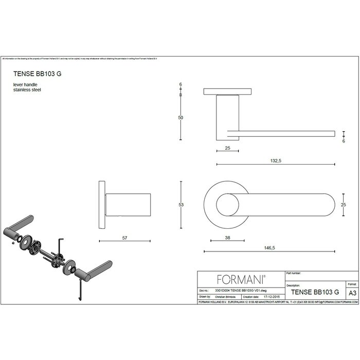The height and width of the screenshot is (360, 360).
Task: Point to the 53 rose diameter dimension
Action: click(181, 205)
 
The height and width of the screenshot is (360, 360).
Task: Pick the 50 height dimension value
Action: click(181, 118)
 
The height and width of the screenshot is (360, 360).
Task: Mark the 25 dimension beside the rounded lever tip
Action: click(344, 205)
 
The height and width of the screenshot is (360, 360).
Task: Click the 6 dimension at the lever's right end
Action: click(344, 141)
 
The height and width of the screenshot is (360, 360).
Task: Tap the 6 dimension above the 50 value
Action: click(181, 84)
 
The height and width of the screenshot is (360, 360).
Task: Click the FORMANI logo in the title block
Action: click(241, 279)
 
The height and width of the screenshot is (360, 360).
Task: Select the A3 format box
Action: click(352, 292)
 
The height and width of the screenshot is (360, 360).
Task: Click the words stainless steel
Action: click(27, 89)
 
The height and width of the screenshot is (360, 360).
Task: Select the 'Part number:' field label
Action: click(293, 273)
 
